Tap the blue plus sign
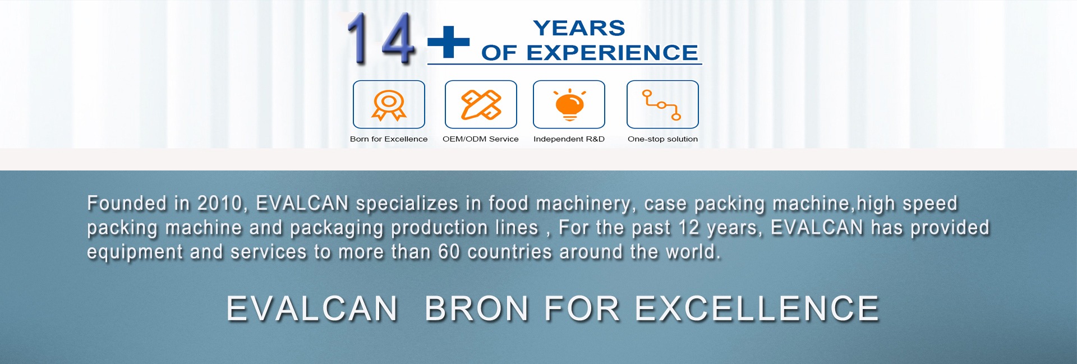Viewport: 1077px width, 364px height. (x=448, y=42)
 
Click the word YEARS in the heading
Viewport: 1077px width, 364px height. (x=579, y=28)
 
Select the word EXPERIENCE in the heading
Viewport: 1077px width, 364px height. (x=612, y=53)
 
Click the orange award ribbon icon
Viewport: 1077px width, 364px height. (x=389, y=105)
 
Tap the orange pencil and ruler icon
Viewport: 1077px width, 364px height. (x=481, y=105)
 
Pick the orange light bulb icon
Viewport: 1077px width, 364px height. (x=569, y=105)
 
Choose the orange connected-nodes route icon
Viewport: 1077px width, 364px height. (x=662, y=105)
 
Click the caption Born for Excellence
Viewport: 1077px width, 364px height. (x=389, y=139)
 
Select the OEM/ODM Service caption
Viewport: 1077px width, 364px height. (x=481, y=139)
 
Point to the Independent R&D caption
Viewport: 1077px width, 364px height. (x=569, y=139)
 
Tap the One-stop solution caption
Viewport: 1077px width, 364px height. (x=662, y=139)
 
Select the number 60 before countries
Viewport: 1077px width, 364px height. (x=449, y=252)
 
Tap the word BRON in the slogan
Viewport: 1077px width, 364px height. (x=477, y=309)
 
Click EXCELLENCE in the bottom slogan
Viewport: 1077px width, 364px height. (x=757, y=309)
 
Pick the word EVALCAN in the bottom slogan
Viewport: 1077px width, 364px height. (x=312, y=309)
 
